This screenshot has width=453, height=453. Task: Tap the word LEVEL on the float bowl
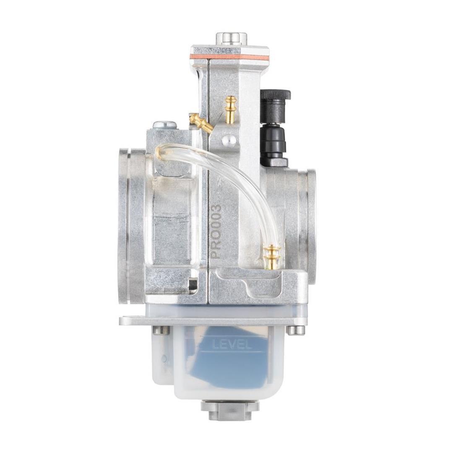231,345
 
